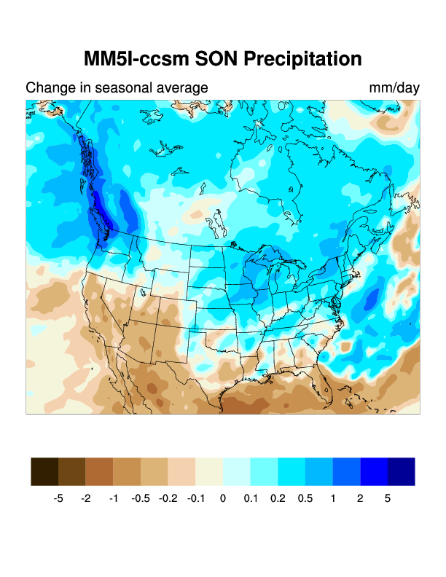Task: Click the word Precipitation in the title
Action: pyautogui.click(x=300, y=59)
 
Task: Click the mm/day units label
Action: pyautogui.click(x=394, y=88)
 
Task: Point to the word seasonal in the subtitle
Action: pyautogui.click(x=130, y=88)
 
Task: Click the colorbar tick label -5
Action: pyautogui.click(x=58, y=499)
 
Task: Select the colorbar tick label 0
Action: pyautogui.click(x=223, y=499)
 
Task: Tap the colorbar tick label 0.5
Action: pyautogui.click(x=305, y=499)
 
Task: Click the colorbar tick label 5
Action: pyautogui.click(x=388, y=499)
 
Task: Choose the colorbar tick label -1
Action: pyautogui.click(x=113, y=499)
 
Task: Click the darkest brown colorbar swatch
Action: pyautogui.click(x=44, y=471)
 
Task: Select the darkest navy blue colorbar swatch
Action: pyautogui.click(x=402, y=471)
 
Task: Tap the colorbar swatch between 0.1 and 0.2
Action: pyautogui.click(x=264, y=471)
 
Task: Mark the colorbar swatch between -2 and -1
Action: pyautogui.click(x=99, y=471)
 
